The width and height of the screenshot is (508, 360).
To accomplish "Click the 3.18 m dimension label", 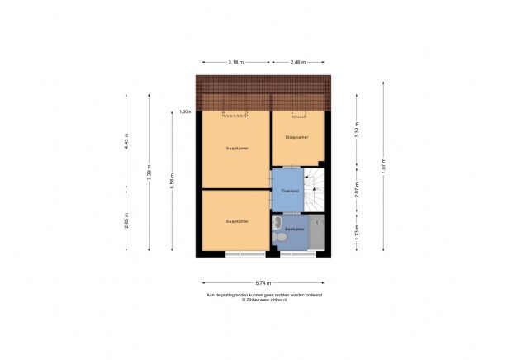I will click(x=235, y=62).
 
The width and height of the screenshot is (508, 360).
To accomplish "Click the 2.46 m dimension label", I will click(x=298, y=62).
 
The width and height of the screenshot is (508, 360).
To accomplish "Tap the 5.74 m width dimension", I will click(x=264, y=282).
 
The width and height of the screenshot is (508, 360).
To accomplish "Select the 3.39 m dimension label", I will click(x=356, y=132).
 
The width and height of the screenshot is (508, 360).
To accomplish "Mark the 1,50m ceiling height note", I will click(x=186, y=111).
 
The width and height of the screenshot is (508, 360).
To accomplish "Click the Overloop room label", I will click(x=288, y=191).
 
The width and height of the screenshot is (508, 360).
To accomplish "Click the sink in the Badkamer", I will click(x=278, y=222).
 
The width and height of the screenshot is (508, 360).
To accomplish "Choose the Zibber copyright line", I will click(x=264, y=300).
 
